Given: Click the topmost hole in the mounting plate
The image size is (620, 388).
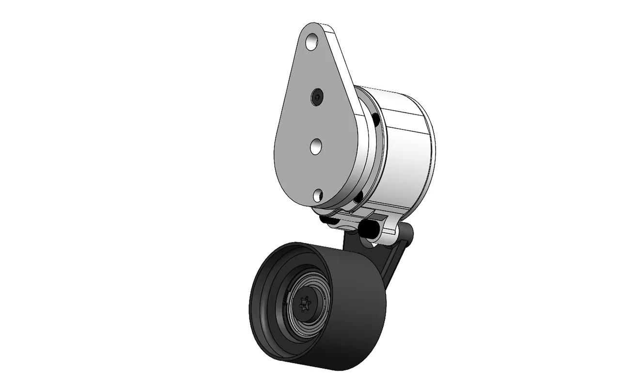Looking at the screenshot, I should [312, 41].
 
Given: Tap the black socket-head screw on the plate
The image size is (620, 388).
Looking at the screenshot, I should [317, 97].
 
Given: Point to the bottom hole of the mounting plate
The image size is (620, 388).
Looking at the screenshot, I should [318, 195].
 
